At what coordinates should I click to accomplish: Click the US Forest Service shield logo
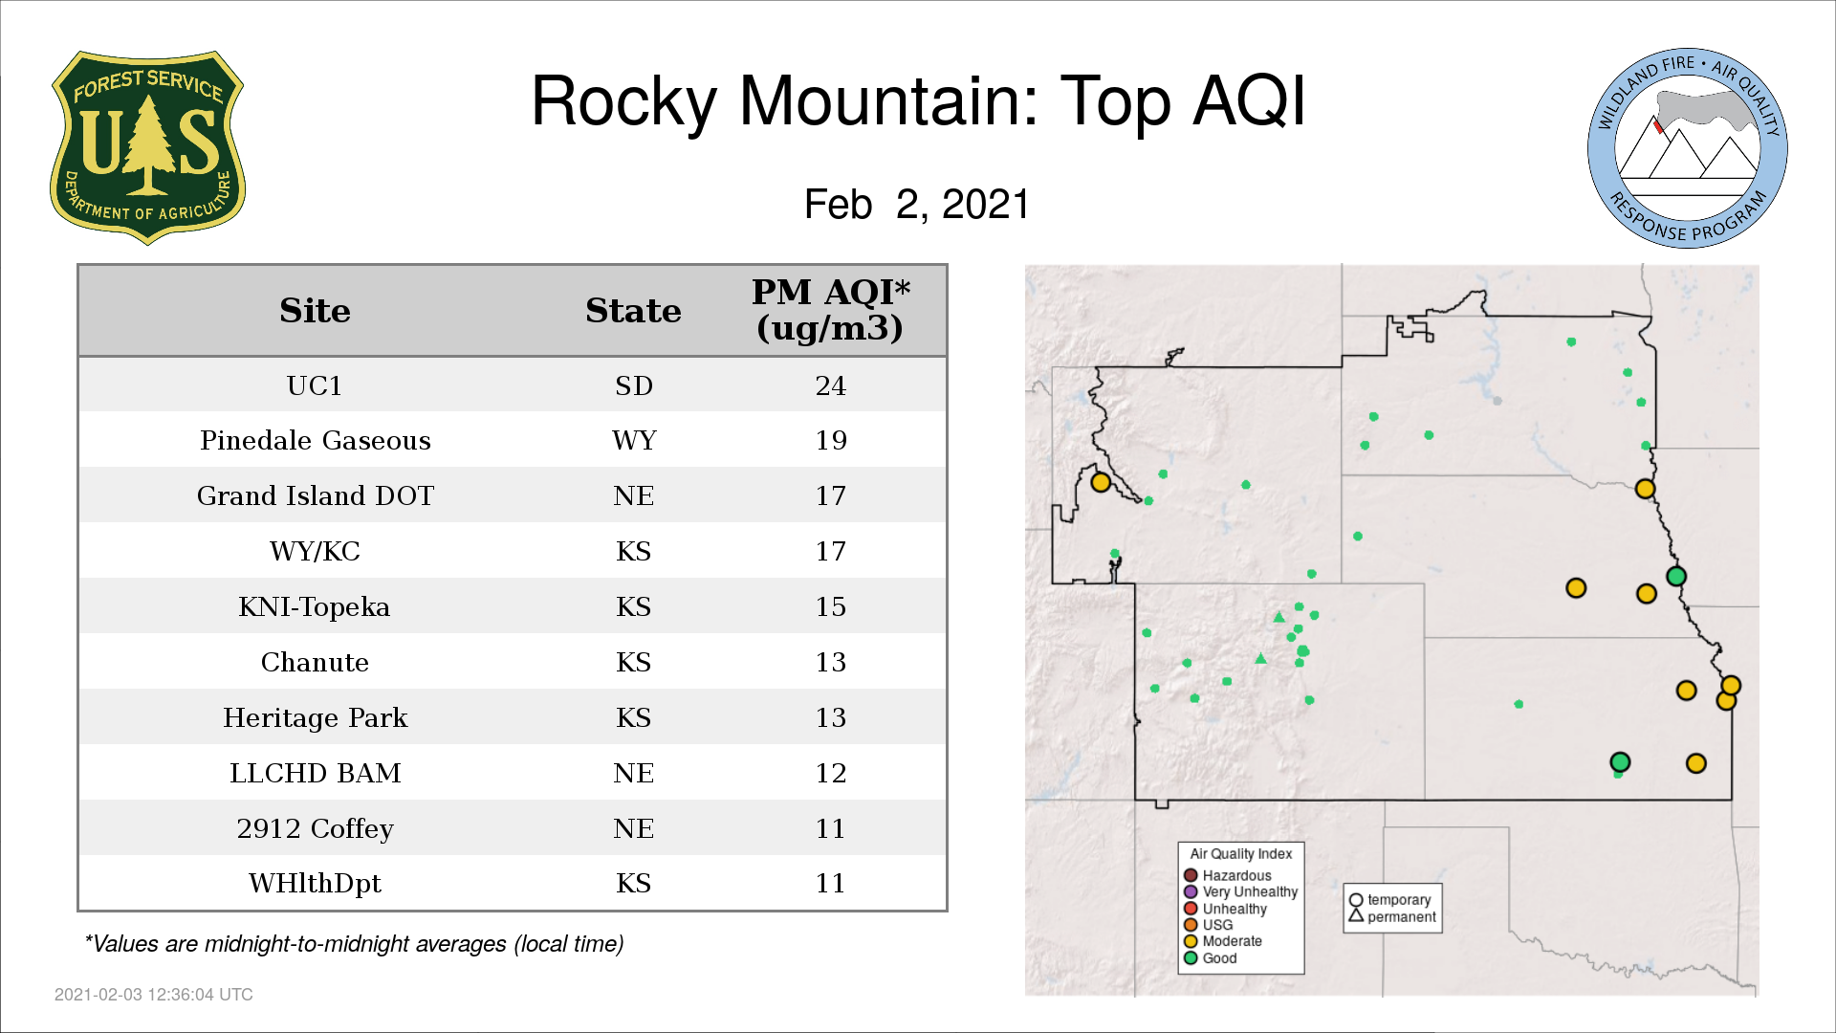[x=147, y=147]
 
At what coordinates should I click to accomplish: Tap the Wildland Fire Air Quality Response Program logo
[x=1687, y=148]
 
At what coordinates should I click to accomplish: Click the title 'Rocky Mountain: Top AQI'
[x=918, y=101]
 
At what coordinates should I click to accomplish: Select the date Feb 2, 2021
[x=917, y=204]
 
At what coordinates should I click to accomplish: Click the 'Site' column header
[x=315, y=311]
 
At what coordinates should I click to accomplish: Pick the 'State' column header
[x=633, y=311]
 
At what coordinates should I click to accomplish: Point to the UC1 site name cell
[x=315, y=385]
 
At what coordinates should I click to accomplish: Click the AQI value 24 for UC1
[x=830, y=385]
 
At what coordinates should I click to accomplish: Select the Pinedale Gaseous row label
[x=316, y=440]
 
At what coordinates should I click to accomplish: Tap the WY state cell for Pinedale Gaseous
[x=634, y=440]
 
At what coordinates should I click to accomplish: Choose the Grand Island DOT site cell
[x=316, y=495]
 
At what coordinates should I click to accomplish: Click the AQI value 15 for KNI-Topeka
[x=830, y=606]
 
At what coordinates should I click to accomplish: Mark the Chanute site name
[x=315, y=662]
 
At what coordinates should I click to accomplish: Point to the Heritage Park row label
[x=316, y=717]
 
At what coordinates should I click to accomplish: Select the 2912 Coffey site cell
[x=316, y=828]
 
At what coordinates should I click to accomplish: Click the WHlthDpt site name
[x=316, y=883]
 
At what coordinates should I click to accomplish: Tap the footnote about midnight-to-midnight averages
[x=354, y=944]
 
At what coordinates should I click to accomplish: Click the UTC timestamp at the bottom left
[x=154, y=995]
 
